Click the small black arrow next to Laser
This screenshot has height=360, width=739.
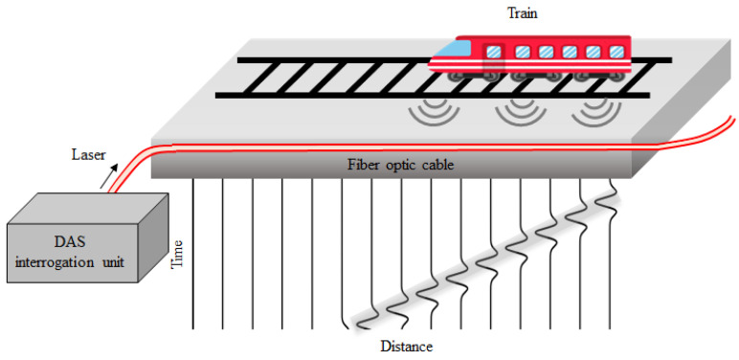coord(115,169)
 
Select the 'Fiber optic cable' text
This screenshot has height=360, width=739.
coord(400,165)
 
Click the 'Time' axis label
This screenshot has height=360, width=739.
coord(177,254)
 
